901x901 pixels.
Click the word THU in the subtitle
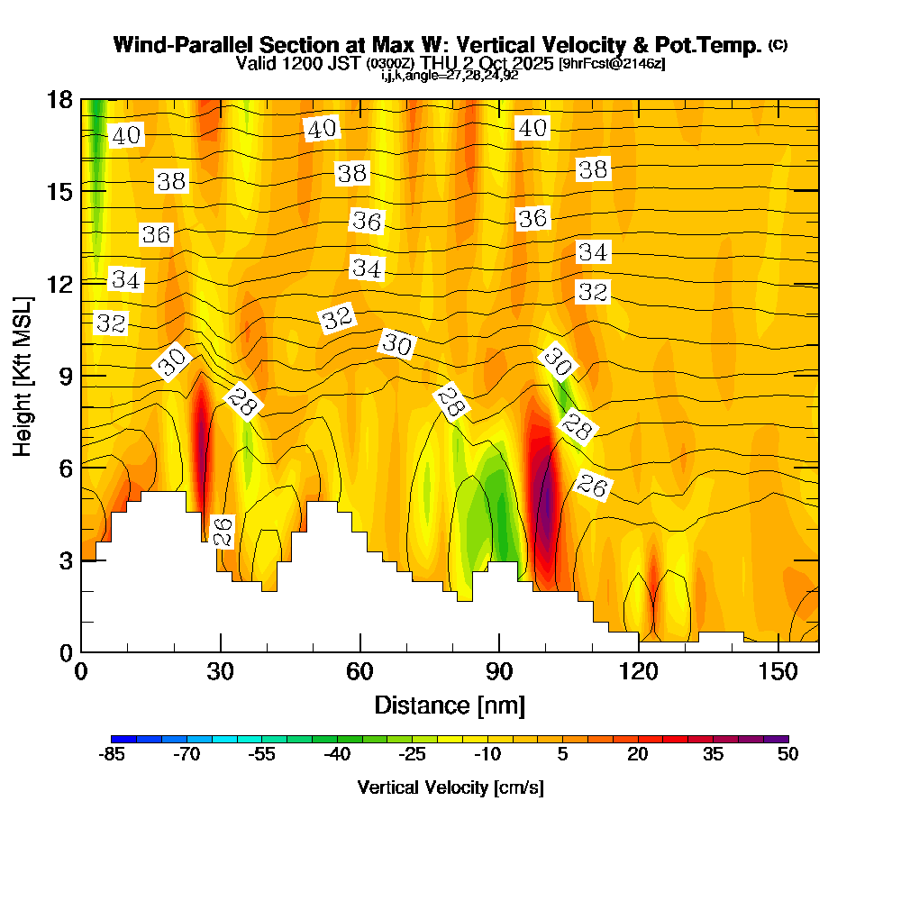435,63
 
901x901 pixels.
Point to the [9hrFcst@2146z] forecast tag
612,63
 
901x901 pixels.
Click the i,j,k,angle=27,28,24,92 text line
450,76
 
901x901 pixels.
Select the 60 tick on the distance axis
360,672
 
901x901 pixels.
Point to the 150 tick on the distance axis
778,672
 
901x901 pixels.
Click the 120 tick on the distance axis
638,672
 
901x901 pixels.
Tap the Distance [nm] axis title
450,705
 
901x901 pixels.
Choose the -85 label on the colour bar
111,755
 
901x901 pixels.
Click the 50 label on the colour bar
787,755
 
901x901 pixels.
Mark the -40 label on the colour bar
337,755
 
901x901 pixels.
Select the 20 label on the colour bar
638,755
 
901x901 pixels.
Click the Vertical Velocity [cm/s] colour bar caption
450,787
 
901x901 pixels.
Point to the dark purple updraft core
544,509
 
